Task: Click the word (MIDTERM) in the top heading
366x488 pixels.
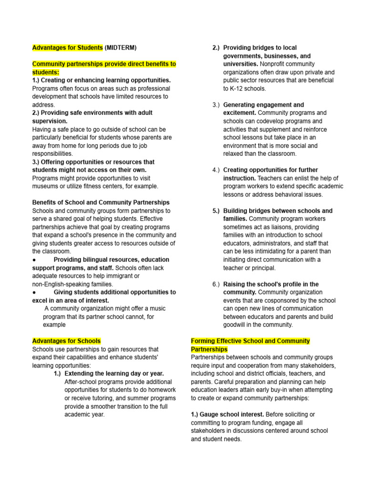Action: point(120,48)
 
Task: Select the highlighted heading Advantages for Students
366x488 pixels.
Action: point(67,48)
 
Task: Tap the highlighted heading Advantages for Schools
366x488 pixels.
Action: point(66,341)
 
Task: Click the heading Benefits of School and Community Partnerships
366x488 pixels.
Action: point(101,202)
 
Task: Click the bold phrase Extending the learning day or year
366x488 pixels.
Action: point(114,373)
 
